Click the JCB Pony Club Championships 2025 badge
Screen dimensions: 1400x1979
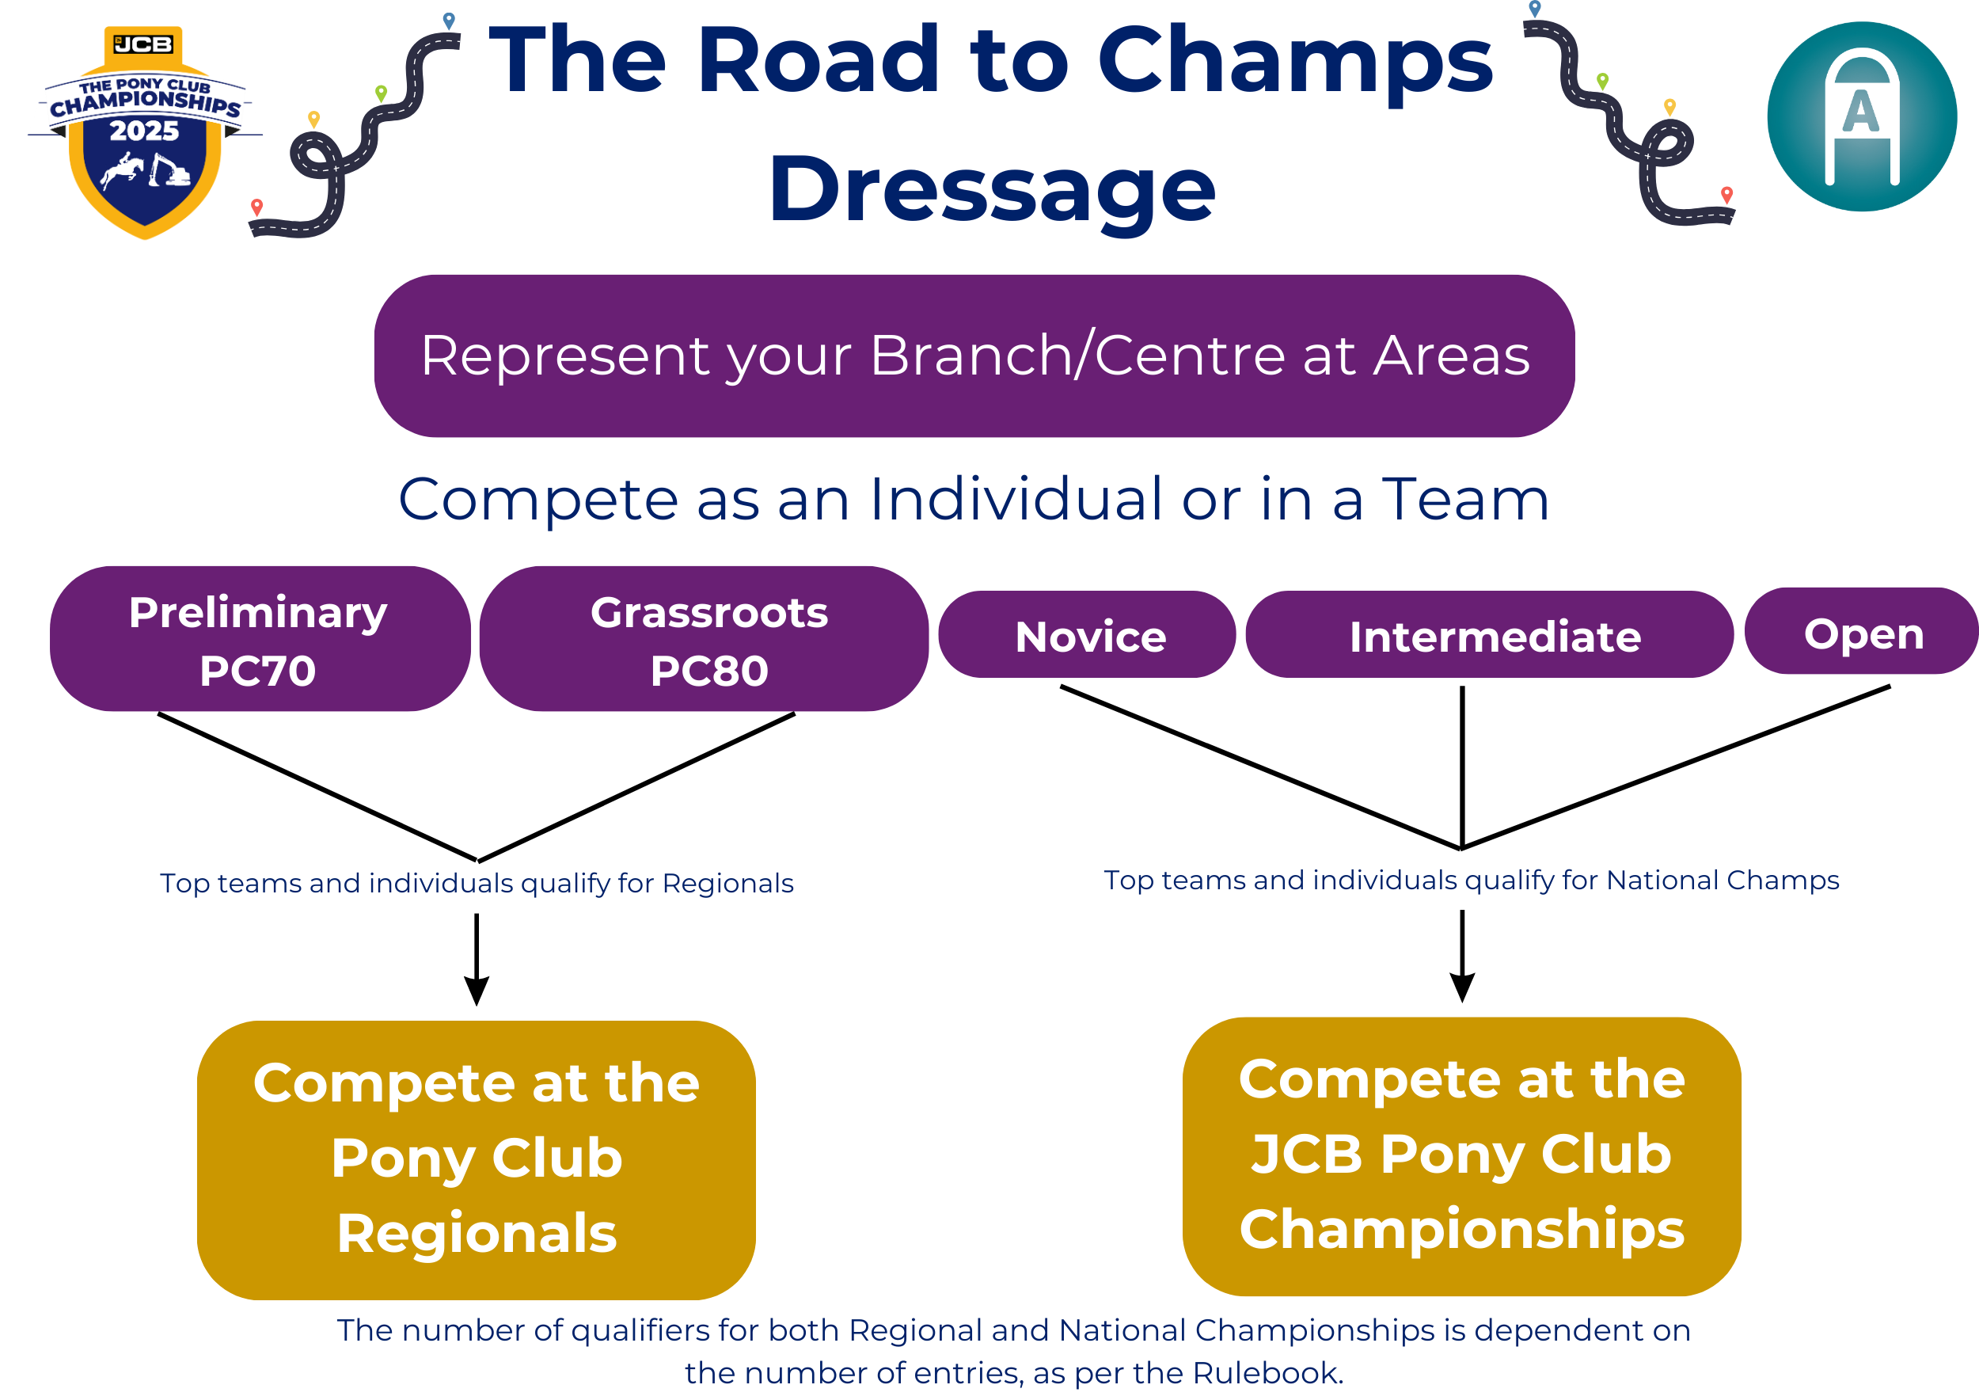click(145, 134)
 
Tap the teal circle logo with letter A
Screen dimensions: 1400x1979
click(1861, 116)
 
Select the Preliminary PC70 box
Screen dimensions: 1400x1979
click(259, 639)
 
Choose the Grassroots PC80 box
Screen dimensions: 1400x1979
click(704, 639)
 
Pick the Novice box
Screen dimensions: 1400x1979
click(1087, 635)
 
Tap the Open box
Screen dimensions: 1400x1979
click(1861, 632)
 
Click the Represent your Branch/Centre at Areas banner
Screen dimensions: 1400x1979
click(974, 356)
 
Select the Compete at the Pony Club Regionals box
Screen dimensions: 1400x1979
click(476, 1159)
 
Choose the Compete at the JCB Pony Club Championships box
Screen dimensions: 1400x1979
click(1461, 1156)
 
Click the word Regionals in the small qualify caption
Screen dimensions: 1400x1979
click(727, 884)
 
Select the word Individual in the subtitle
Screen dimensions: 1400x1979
click(1016, 500)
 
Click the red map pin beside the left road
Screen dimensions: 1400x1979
click(256, 207)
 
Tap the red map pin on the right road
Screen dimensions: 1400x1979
click(1726, 195)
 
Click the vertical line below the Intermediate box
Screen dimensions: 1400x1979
click(1462, 767)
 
